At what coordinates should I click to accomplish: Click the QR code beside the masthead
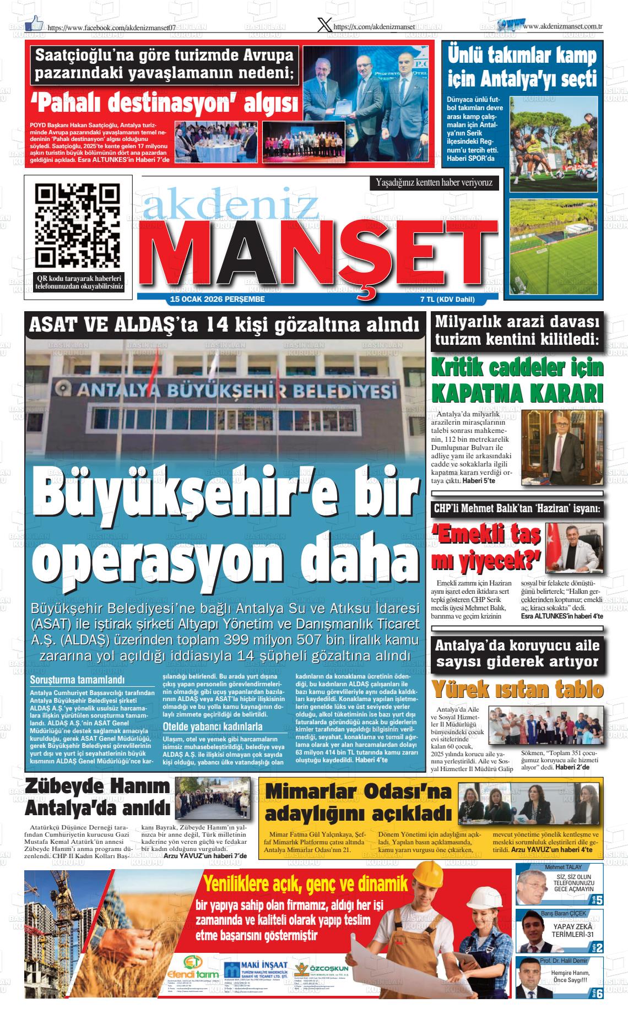[77, 225]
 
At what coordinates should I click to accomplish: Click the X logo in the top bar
[324, 25]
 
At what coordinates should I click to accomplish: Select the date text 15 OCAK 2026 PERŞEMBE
[218, 300]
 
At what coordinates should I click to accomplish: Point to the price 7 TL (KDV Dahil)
[447, 300]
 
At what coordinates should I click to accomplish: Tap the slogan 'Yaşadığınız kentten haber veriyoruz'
[434, 182]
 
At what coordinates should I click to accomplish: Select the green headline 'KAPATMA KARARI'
[517, 393]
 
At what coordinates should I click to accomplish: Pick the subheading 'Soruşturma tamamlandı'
[78, 680]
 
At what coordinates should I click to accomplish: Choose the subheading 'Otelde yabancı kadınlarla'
[212, 726]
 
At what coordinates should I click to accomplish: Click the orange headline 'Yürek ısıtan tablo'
[517, 689]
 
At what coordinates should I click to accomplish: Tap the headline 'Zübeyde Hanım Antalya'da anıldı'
[98, 797]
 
